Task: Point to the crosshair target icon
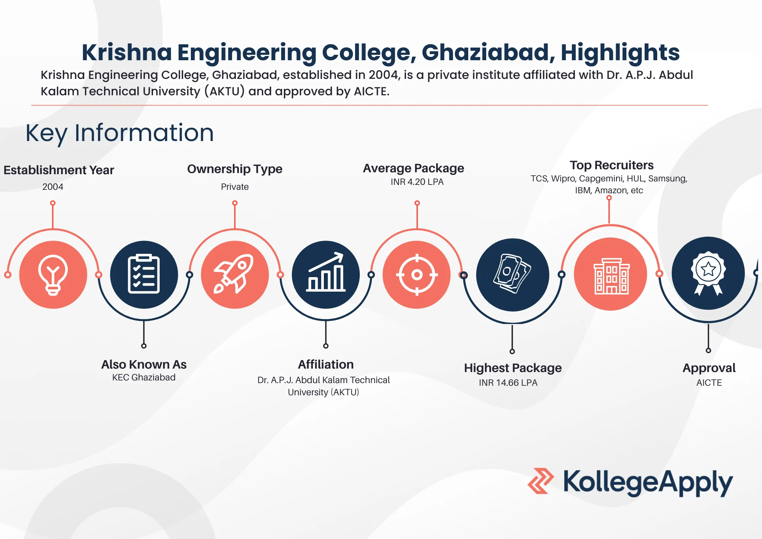click(417, 274)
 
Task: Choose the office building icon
click(611, 274)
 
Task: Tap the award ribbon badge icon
click(708, 273)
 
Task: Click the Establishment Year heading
click(59, 170)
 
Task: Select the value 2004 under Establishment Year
click(53, 187)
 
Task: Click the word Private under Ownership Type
click(235, 187)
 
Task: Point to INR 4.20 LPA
click(417, 182)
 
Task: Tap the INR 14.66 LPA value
click(508, 383)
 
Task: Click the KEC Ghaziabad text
click(144, 377)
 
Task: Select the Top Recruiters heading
click(612, 165)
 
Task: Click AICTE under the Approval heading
click(709, 383)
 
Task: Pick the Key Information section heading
click(120, 133)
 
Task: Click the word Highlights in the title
click(620, 52)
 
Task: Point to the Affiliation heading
click(326, 364)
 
